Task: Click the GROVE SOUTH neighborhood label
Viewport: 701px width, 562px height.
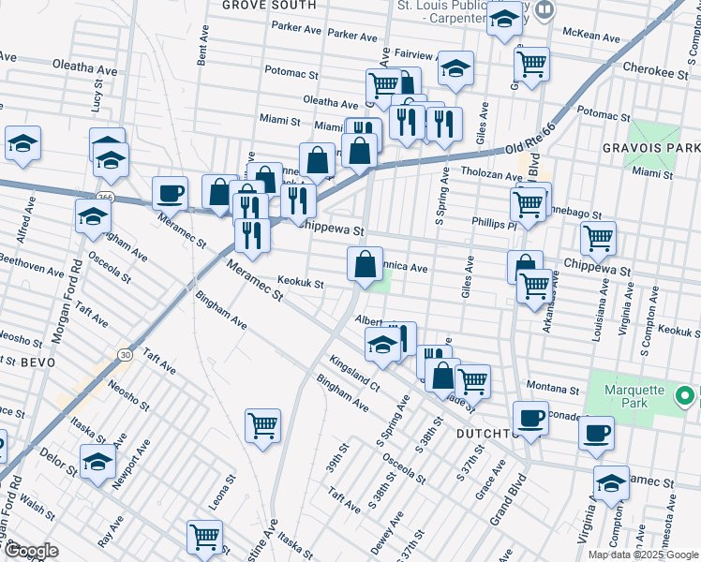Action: click(256, 6)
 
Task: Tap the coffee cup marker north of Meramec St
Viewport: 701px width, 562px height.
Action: click(170, 193)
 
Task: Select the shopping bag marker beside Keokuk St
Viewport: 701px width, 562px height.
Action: click(365, 264)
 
